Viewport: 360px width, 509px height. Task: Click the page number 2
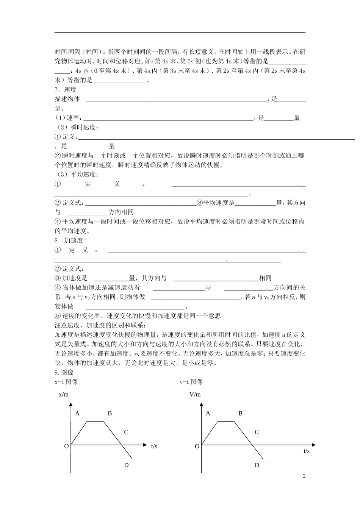tap(304, 476)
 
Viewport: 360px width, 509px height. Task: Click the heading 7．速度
tap(66, 90)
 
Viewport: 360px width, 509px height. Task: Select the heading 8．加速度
tap(69, 240)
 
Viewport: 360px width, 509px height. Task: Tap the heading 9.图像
tap(64, 372)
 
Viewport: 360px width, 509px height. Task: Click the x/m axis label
tap(64, 395)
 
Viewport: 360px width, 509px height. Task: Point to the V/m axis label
tap(195, 395)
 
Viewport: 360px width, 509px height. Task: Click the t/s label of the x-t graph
tap(154, 447)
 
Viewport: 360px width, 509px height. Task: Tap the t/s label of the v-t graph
tap(306, 451)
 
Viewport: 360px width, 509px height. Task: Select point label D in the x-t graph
tap(126, 465)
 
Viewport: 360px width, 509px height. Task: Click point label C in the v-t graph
tap(257, 432)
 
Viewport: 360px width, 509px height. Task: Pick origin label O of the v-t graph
tap(197, 447)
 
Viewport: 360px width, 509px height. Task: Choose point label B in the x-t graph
tap(110, 413)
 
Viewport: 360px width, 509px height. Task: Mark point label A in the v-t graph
tap(208, 413)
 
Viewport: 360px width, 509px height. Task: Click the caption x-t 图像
tap(66, 382)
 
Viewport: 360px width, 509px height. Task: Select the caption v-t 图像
tap(191, 382)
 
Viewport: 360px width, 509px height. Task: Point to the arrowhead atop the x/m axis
tap(71, 405)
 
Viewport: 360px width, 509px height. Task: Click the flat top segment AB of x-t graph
tap(95, 421)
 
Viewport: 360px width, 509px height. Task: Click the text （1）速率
tap(69, 118)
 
